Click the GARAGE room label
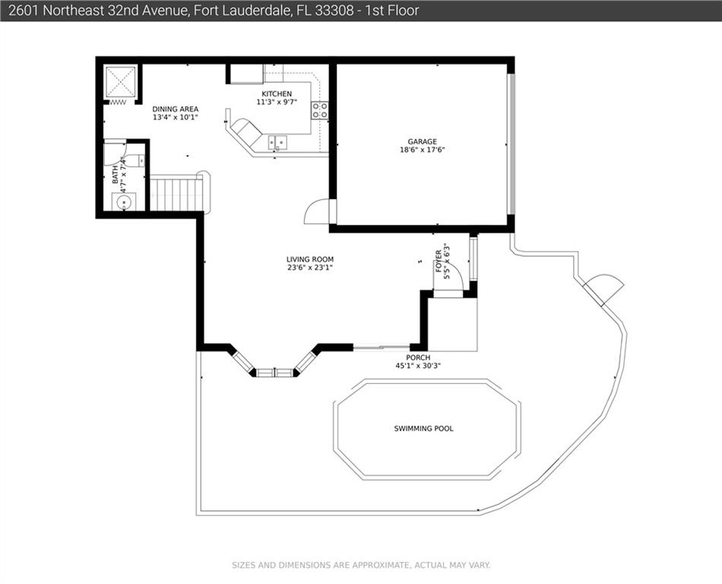click(x=422, y=141)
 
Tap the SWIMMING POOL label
click(x=423, y=428)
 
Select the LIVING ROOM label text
click(x=310, y=259)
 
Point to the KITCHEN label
click(x=277, y=94)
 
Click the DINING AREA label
click(x=176, y=109)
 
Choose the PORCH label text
click(x=418, y=357)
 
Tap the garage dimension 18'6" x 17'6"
click(x=422, y=150)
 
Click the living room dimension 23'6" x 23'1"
click(x=310, y=268)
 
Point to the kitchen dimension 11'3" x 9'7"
click(x=277, y=102)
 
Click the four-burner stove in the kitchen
click(x=319, y=110)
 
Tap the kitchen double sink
click(x=277, y=143)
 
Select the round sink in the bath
click(x=124, y=202)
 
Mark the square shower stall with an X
click(x=121, y=82)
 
